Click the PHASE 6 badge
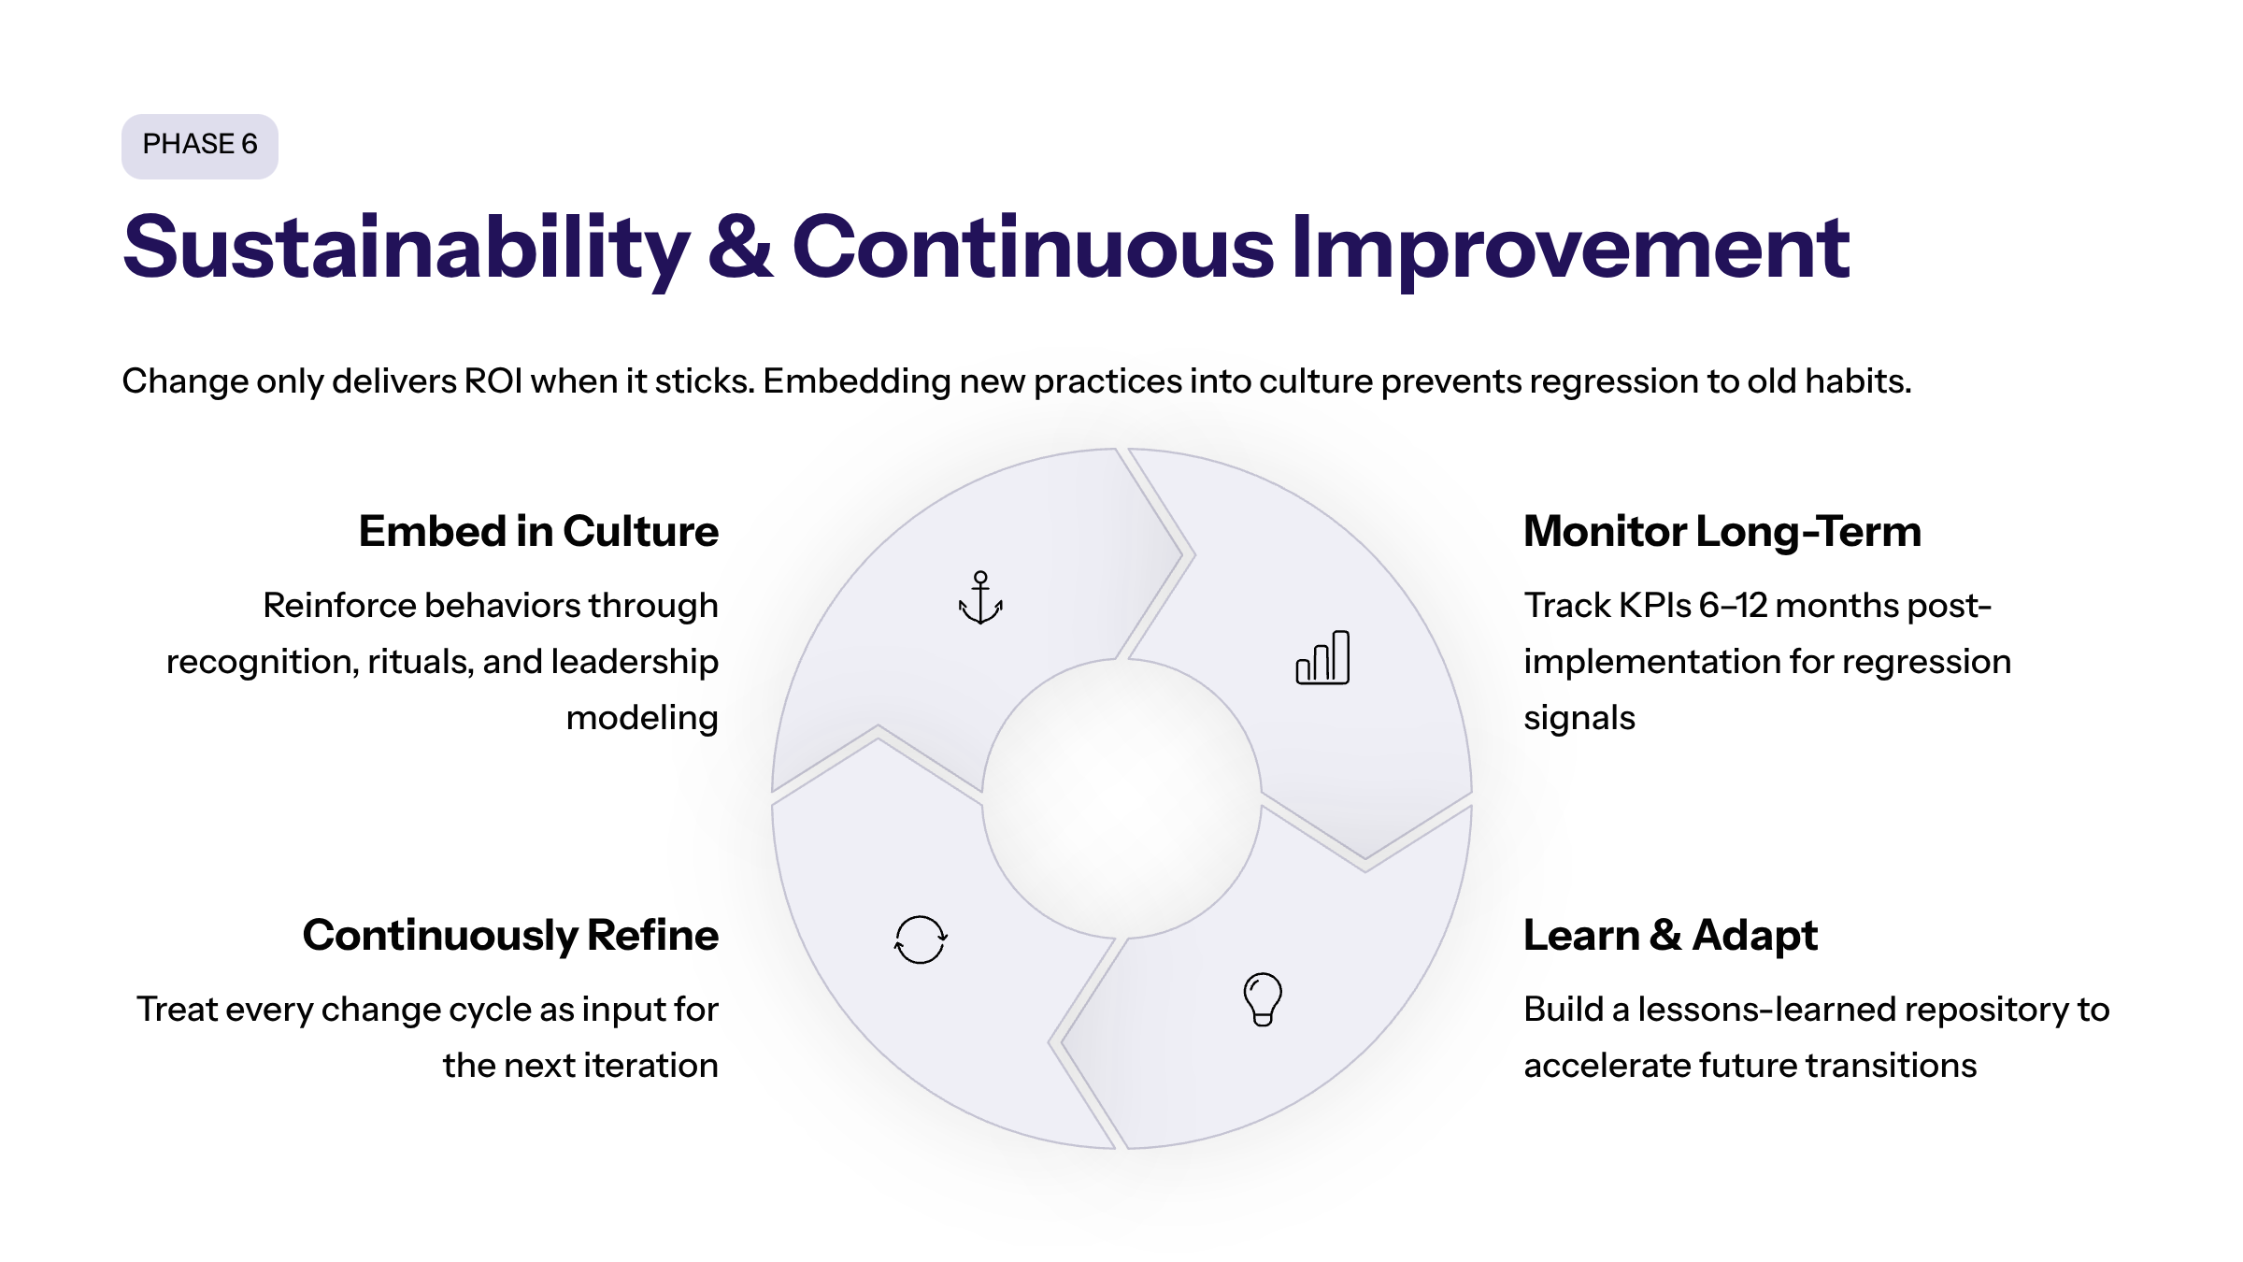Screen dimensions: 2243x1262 (x=200, y=146)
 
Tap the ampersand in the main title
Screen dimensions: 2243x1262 (x=741, y=247)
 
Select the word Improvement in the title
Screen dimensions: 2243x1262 (x=1570, y=249)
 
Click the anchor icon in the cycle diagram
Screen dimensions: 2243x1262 (x=980, y=597)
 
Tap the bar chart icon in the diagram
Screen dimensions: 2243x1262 (x=1322, y=657)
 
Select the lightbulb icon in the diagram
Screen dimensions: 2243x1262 (x=1263, y=999)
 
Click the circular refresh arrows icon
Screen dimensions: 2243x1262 (x=921, y=939)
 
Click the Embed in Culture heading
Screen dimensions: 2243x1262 (x=539, y=531)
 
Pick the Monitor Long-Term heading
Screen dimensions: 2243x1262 (x=1722, y=531)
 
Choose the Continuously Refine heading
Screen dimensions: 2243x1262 (x=511, y=936)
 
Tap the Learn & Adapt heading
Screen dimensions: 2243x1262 (x=1671, y=935)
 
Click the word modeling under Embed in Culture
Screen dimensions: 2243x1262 (x=643, y=719)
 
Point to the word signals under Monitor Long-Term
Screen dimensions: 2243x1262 (x=1579, y=719)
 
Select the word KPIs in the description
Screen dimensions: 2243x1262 (x=1655, y=606)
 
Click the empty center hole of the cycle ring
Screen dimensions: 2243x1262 (x=1121, y=799)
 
